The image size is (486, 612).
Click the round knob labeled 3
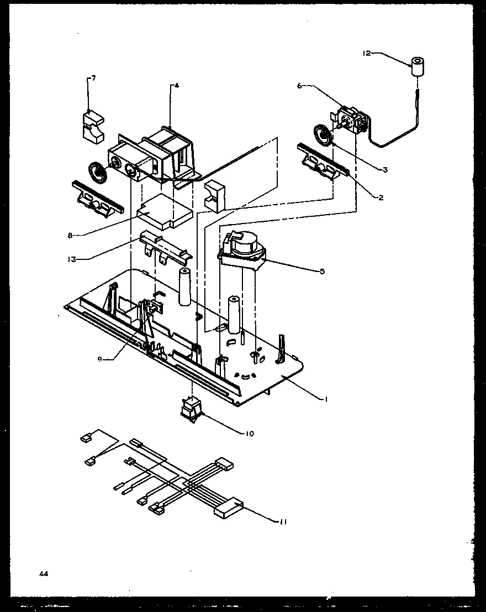320,135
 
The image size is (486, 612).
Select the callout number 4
177,86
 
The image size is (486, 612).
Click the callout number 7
93,78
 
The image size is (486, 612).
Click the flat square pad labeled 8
164,211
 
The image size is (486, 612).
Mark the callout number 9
99,359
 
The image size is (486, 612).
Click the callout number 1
326,399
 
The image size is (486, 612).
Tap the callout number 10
250,433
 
